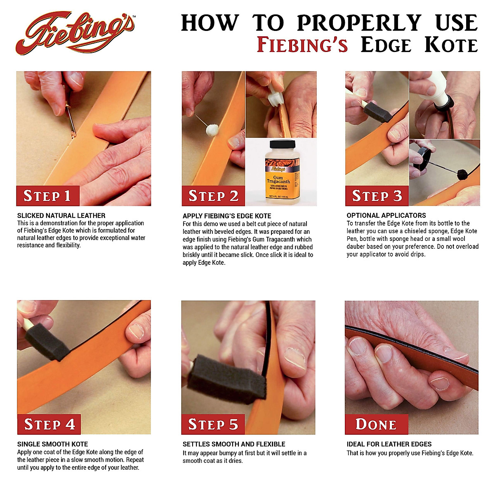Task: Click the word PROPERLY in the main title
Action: (x=359, y=23)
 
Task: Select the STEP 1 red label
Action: (x=47, y=196)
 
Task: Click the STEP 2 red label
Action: (x=213, y=196)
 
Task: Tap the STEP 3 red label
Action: (x=377, y=196)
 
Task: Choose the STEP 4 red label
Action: (x=49, y=424)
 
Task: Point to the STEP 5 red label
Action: (x=213, y=424)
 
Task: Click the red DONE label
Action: (x=376, y=424)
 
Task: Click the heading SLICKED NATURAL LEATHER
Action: (x=61, y=215)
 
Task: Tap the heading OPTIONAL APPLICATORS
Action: (x=386, y=215)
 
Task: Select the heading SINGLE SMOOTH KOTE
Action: (x=52, y=444)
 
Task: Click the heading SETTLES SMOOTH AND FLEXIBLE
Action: (x=234, y=444)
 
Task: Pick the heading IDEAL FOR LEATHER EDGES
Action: (x=389, y=444)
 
